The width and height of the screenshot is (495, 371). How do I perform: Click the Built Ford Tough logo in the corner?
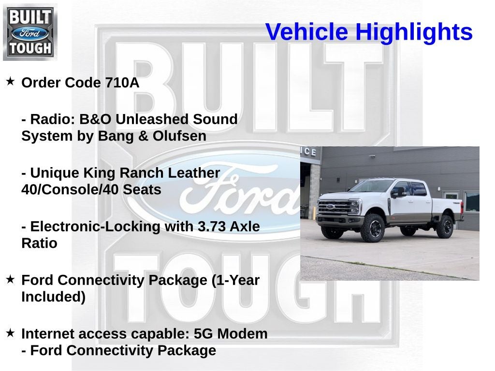pyautogui.click(x=30, y=32)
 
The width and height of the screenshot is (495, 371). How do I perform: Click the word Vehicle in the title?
pyautogui.click(x=306, y=32)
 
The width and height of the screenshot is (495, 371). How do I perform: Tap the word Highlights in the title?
pyautogui.click(x=414, y=32)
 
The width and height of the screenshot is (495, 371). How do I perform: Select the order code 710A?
pyautogui.click(x=122, y=83)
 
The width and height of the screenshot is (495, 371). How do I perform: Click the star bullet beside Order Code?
pyautogui.click(x=11, y=81)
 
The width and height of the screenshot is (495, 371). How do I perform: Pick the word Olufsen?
pyautogui.click(x=179, y=136)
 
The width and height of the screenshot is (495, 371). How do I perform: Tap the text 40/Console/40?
pyautogui.click(x=70, y=189)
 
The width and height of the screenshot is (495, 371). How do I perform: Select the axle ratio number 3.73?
pyautogui.click(x=212, y=227)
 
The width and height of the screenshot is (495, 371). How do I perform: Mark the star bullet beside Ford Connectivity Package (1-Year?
pyautogui.click(x=11, y=279)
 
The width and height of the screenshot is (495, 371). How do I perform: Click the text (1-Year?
pyautogui.click(x=235, y=281)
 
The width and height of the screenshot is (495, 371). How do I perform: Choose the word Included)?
pyautogui.click(x=53, y=297)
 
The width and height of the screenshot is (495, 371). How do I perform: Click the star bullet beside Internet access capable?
pyautogui.click(x=11, y=332)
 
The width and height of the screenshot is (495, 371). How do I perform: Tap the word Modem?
pyautogui.click(x=243, y=334)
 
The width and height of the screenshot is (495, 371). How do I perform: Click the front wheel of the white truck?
pyautogui.click(x=375, y=228)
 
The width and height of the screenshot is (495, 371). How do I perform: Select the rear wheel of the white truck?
pyautogui.click(x=445, y=227)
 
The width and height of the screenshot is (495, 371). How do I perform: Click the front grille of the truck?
pyautogui.click(x=335, y=207)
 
